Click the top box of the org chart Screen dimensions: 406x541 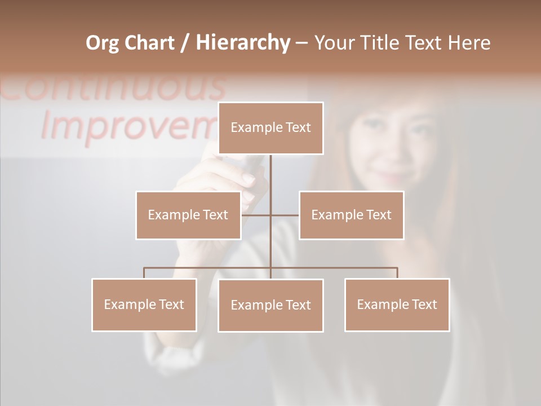pos(270,128)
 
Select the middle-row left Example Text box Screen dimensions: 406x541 pos(188,215)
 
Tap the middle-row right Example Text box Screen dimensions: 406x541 pos(351,215)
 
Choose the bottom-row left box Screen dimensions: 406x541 pos(144,304)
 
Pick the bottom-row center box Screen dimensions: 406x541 pos(270,305)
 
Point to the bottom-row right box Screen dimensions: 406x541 pos(397,304)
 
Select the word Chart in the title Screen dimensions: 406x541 pos(151,43)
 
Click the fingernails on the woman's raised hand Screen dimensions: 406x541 pos(249,179)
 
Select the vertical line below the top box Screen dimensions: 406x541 pos(270,180)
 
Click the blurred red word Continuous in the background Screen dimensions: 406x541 pos(113,87)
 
